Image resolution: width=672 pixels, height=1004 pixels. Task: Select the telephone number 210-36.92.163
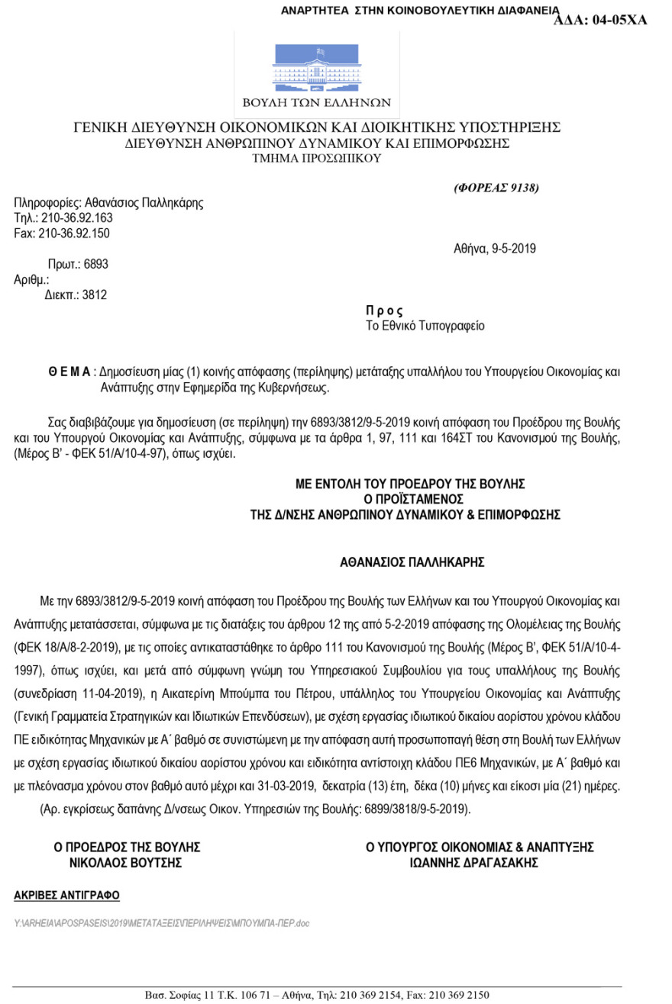(x=76, y=218)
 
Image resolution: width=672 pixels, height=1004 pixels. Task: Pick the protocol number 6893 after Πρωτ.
(x=96, y=265)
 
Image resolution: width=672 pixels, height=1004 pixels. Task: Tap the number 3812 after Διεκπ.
(x=94, y=294)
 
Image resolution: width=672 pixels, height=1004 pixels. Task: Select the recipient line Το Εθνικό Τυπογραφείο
(x=425, y=326)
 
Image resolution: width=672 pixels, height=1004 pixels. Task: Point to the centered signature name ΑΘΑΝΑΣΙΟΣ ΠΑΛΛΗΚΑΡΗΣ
(x=412, y=563)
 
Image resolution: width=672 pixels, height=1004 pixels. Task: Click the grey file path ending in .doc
(x=162, y=923)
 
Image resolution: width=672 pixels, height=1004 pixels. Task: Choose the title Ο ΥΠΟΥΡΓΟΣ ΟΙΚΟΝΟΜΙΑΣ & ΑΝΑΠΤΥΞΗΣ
(x=480, y=847)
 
